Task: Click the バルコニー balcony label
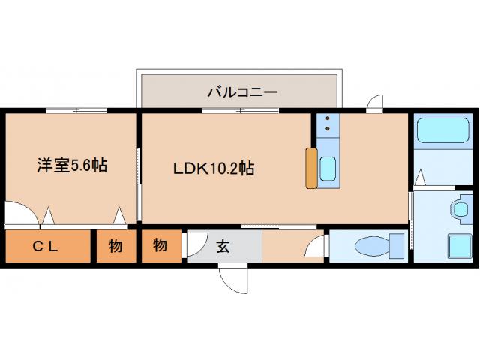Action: (x=242, y=92)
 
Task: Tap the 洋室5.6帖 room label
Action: (x=72, y=165)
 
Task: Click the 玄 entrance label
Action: (x=223, y=245)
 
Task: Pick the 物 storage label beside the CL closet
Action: (x=115, y=246)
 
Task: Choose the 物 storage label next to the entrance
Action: (x=160, y=245)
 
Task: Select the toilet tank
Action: (x=396, y=246)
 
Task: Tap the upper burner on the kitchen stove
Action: (x=328, y=121)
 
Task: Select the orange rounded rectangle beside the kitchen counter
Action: (x=311, y=168)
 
